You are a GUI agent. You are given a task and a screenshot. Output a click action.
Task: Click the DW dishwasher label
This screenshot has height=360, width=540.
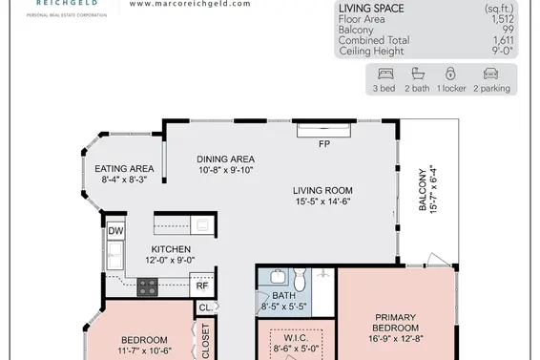click(115, 231)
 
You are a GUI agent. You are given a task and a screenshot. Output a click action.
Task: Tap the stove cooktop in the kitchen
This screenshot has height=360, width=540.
click(147, 286)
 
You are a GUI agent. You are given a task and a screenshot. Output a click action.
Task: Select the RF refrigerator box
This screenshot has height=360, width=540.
click(202, 285)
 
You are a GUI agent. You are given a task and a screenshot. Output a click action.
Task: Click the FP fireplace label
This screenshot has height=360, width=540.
click(324, 144)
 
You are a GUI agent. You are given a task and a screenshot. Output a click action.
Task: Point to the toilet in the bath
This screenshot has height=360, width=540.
click(300, 279)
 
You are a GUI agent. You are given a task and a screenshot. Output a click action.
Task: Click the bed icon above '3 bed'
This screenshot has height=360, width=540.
click(385, 74)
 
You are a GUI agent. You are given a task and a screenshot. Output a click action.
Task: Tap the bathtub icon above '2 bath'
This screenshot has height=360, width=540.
click(418, 74)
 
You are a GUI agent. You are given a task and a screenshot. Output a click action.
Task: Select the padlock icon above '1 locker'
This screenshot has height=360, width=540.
click(450, 74)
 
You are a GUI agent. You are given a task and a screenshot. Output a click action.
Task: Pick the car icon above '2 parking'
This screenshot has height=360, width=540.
click(490, 74)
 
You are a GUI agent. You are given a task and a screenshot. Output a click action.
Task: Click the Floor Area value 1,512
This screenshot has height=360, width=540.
click(503, 19)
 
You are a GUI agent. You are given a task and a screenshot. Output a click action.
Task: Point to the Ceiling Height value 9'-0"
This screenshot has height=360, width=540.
click(503, 51)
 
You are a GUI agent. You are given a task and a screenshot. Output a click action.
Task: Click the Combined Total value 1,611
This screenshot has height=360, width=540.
click(504, 40)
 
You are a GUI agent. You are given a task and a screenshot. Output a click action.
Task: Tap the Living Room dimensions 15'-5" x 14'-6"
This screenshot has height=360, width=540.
click(322, 201)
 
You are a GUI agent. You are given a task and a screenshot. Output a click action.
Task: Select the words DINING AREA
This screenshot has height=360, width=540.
click(225, 159)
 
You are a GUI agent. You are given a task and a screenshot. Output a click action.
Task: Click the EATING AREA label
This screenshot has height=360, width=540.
click(124, 169)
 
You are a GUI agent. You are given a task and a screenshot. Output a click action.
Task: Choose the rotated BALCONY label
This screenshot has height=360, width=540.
click(423, 189)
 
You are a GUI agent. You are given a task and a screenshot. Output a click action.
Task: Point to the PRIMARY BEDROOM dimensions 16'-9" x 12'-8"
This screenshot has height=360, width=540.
click(395, 339)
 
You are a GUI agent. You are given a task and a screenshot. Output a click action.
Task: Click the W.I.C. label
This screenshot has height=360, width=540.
click(296, 338)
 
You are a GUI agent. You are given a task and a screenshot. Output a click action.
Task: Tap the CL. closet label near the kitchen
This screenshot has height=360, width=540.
click(206, 307)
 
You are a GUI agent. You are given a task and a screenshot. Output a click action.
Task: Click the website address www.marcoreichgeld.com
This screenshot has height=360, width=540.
click(190, 4)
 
